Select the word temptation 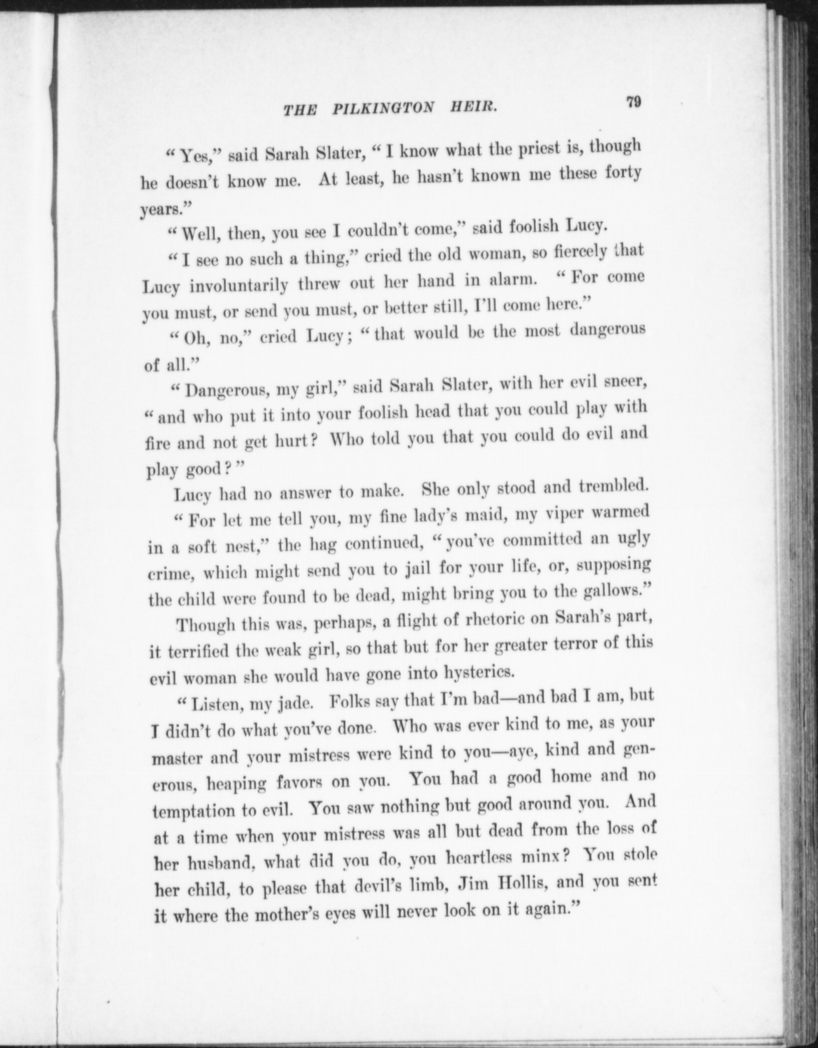click(195, 811)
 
